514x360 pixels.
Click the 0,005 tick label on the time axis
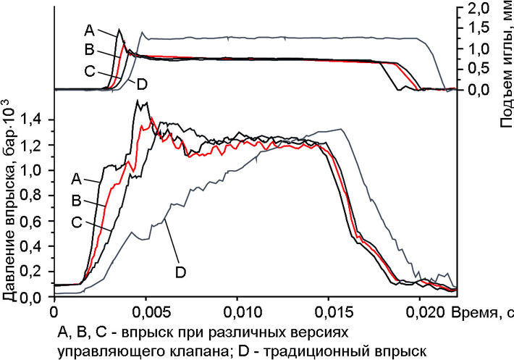[x=147, y=312]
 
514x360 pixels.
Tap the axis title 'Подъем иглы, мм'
[x=505, y=66]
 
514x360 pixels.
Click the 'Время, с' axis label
[x=482, y=312]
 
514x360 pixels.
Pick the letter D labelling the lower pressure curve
[x=180, y=272]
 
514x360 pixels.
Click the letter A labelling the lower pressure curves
[x=76, y=176]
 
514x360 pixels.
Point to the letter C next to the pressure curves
[x=76, y=222]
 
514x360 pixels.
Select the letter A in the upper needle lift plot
[x=89, y=30]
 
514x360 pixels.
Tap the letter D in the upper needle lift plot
[x=142, y=84]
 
